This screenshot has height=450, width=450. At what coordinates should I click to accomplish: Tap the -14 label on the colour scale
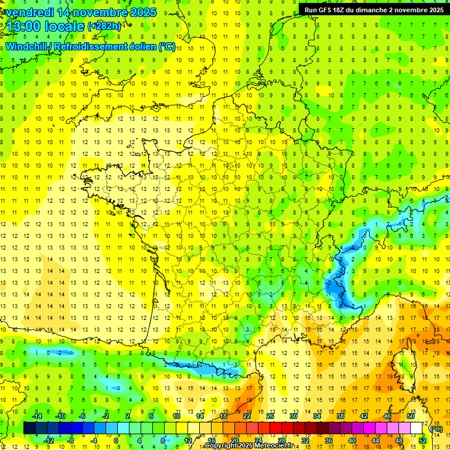(x=37, y=416)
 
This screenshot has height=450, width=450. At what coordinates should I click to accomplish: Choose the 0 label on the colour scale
(x=116, y=441)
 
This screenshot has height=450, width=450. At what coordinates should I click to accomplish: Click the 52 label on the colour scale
(x=422, y=441)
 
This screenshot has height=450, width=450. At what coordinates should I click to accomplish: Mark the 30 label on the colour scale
(x=293, y=416)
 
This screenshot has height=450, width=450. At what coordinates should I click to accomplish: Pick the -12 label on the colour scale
(x=49, y=441)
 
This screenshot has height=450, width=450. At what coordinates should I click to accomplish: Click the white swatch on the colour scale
(x=416, y=428)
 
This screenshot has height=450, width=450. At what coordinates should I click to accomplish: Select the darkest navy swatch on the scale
(x=29, y=428)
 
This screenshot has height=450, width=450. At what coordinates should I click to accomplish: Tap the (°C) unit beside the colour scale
(x=436, y=428)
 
